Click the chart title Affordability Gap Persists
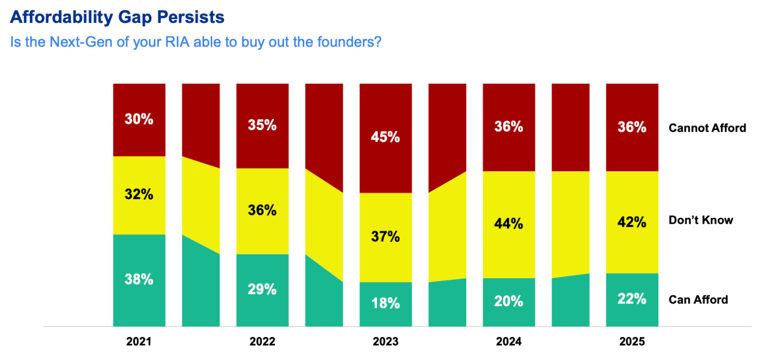pyautogui.click(x=117, y=17)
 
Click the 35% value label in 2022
pyautogui.click(x=262, y=126)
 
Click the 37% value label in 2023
pyautogui.click(x=385, y=237)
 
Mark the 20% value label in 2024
pyautogui.click(x=509, y=301)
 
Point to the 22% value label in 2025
pyautogui.click(x=632, y=299)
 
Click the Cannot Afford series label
pyautogui.click(x=707, y=128)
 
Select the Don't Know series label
pyautogui.click(x=701, y=220)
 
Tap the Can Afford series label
pyautogui.click(x=698, y=300)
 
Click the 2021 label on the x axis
pyautogui.click(x=139, y=342)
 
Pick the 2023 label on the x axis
pyautogui.click(x=385, y=342)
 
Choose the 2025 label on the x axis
pyautogui.click(x=632, y=342)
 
